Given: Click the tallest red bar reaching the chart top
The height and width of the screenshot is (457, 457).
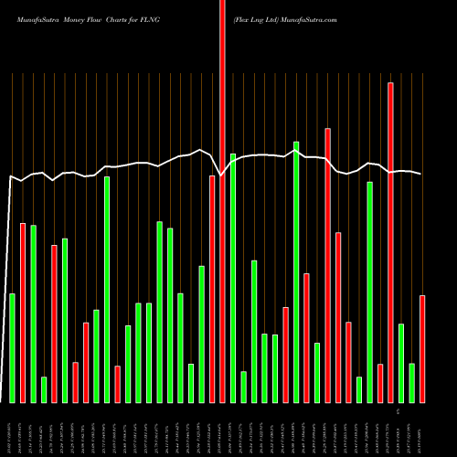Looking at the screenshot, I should click(222, 201).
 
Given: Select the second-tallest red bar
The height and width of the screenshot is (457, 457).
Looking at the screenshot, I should click(390, 242).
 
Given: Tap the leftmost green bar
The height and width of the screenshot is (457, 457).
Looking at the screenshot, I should click(12, 347).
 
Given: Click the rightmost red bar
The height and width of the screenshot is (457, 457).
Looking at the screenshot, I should click(422, 348).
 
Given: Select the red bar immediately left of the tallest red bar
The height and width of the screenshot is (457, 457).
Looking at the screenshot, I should click(212, 289).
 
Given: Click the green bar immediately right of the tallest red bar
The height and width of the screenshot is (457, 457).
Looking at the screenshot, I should click(233, 278).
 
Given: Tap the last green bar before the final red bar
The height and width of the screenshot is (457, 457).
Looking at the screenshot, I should click(411, 382).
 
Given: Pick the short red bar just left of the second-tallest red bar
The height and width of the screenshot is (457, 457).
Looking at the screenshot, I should click(380, 383).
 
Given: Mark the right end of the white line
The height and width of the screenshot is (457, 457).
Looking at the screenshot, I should click(422, 174).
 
